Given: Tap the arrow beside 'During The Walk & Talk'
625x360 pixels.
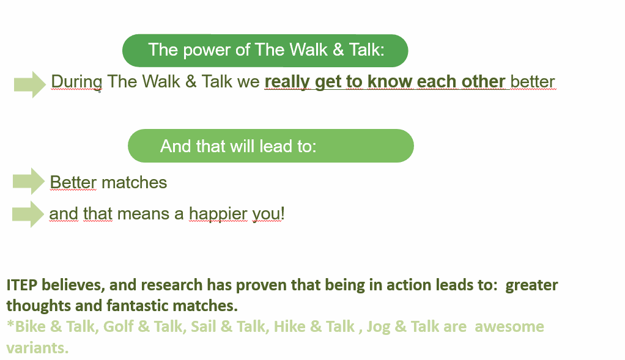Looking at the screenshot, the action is tap(30, 84).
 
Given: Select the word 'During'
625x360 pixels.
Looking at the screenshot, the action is tap(76, 83).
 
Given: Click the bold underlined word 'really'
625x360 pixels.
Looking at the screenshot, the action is tap(287, 83).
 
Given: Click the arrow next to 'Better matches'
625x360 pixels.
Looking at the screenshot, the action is tap(29, 181).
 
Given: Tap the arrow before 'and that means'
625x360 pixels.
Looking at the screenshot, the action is tap(28, 215).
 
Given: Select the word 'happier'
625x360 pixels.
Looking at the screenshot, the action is tap(218, 215).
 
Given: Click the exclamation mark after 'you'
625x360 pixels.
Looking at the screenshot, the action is tap(283, 213).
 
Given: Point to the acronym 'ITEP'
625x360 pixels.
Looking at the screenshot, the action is tap(22, 285).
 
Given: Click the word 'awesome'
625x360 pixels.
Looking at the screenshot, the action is tap(509, 326).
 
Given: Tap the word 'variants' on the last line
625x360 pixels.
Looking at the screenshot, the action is tap(37, 348).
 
